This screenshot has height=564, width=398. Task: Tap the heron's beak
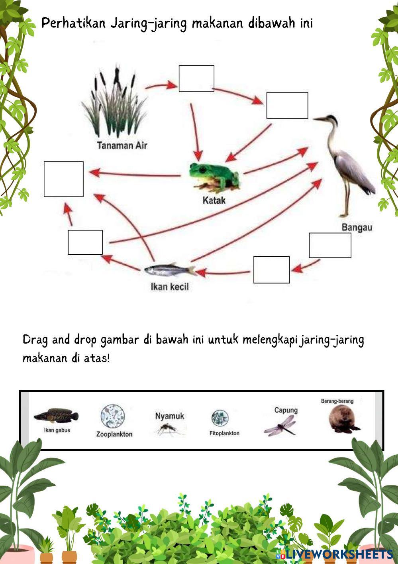pos(319,119)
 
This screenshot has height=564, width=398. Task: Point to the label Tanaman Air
pos(122,145)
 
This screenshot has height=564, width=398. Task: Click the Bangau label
pos(357,228)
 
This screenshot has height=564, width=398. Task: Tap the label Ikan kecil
pos(170,287)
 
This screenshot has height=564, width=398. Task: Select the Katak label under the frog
pos(214,200)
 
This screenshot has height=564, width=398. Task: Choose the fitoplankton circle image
pos(220,419)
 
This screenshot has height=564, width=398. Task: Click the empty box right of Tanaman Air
pos(196,79)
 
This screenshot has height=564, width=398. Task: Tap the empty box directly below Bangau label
pos(330,246)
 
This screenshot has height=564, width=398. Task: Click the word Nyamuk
pos(170,416)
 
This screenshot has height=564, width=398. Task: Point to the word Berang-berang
pos(337,401)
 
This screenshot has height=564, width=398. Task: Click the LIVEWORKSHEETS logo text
pos(339,554)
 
